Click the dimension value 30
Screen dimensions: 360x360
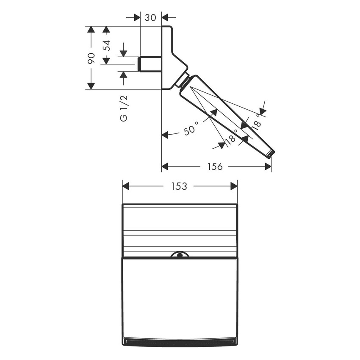point(150,17)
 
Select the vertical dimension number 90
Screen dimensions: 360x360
point(91,58)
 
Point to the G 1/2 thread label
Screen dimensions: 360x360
point(123,108)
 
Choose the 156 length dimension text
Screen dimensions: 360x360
point(215,166)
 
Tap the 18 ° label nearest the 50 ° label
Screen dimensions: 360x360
point(231,139)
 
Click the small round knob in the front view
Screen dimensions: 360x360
point(180,255)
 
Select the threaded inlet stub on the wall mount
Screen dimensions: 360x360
point(150,64)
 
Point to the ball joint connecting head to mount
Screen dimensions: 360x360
point(185,80)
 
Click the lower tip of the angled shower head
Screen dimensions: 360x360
point(270,153)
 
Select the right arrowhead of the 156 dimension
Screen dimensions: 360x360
point(268,166)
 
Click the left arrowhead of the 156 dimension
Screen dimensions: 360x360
point(165,166)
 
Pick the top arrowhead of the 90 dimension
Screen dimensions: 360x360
point(91,29)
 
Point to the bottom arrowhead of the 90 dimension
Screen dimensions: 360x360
point(91,86)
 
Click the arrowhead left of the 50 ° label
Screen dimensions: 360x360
point(165,135)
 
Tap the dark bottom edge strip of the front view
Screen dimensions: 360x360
point(180,341)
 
